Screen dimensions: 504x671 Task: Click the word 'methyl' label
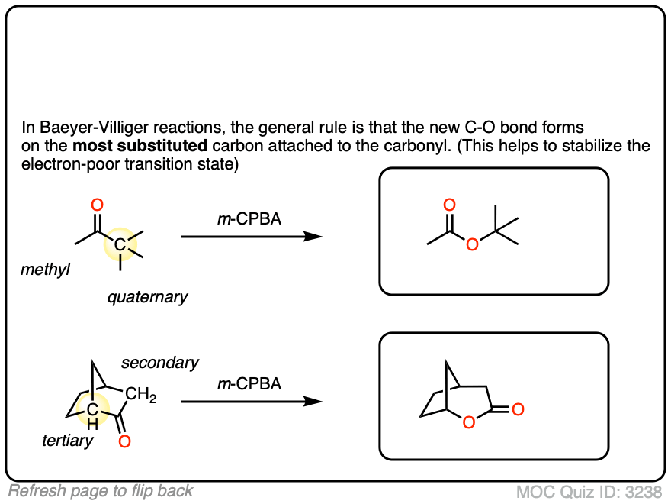pos(44,269)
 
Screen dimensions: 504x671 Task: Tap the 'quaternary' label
pos(147,297)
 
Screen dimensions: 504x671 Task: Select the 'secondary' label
pos(160,363)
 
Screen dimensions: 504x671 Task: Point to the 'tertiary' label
pos(68,441)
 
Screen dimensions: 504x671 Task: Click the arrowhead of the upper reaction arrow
pos(313,237)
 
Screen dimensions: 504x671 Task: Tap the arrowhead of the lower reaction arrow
pos(313,402)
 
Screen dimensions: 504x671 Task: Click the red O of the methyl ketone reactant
pos(97,205)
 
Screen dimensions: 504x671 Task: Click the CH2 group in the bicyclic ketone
pos(141,395)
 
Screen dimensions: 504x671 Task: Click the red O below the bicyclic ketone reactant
pos(125,441)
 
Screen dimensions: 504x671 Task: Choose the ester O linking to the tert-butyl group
pos(473,244)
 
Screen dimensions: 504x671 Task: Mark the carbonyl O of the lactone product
pos(518,410)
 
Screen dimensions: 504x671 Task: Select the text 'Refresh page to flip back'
pos(101,491)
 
